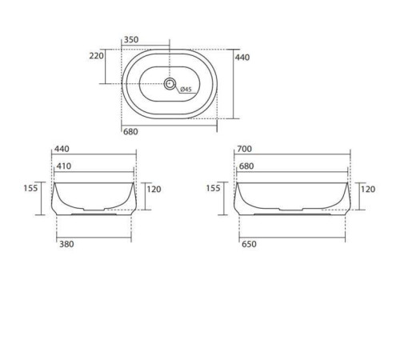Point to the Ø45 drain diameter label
coord(185,89)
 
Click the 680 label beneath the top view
coord(130,131)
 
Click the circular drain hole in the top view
coord(170,83)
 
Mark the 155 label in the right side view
coord(213,189)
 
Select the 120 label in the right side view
coord(368,189)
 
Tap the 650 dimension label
coord(250,246)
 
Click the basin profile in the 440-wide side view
coord(94,200)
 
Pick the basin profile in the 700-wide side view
coord(292,200)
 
